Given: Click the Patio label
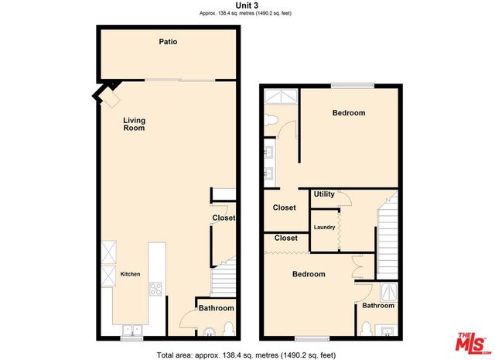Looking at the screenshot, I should pos(168,42).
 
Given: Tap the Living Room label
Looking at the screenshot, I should pos(135,124).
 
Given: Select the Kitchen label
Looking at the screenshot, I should pos(130,274).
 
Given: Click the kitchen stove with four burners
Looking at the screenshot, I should pos(155,290).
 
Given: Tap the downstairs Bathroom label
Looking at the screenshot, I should pos(217,308).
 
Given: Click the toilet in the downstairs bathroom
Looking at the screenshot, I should pos(227,331).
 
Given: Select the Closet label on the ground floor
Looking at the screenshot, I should pos(224,218).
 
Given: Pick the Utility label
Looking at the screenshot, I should pos(324,194).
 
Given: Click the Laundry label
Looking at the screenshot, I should pos(324,227).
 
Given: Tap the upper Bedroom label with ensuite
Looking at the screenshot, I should pos(348,113).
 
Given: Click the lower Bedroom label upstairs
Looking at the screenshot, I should pos(308,274).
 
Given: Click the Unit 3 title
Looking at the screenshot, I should pos(247,5).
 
